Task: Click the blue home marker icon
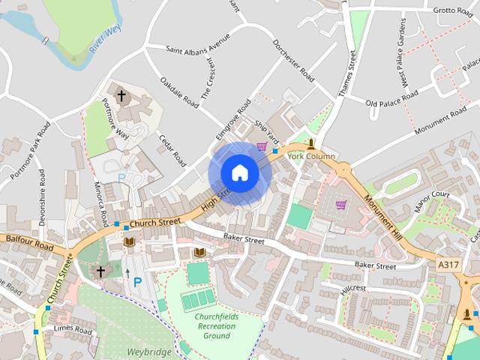(x=239, y=173)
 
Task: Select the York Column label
(x=310, y=156)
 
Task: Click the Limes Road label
(x=72, y=330)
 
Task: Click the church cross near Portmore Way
(x=121, y=97)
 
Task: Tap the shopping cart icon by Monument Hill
(x=341, y=204)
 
